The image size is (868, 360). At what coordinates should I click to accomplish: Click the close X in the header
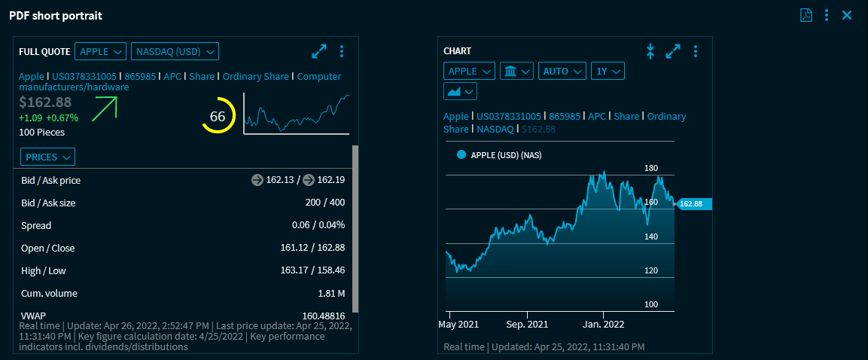[x=847, y=15]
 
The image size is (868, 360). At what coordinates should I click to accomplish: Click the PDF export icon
[x=806, y=15]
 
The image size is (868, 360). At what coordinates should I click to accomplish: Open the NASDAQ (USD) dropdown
[x=175, y=51]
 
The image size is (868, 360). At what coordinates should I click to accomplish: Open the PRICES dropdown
[x=47, y=157]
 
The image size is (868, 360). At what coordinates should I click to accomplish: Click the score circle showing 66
[x=218, y=117]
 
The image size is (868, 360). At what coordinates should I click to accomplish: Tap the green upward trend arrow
[x=105, y=108]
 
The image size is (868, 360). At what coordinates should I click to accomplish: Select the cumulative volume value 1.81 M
[x=331, y=293]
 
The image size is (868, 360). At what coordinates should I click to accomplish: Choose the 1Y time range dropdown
[x=608, y=71]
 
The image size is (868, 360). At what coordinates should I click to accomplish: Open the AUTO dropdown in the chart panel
[x=562, y=71]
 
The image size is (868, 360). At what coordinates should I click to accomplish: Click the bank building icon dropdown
[x=516, y=71]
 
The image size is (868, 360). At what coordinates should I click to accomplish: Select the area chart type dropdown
[x=460, y=91]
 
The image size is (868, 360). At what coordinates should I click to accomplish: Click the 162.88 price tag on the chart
[x=691, y=203]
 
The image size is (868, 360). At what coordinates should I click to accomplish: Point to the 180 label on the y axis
[x=651, y=168]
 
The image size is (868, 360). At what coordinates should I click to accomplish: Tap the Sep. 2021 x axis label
[x=527, y=325]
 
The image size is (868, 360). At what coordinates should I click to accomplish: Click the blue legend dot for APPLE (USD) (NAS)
[x=462, y=155]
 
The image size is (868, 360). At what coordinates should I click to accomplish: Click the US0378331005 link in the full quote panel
[x=84, y=76]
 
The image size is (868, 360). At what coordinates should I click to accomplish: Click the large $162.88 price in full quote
[x=45, y=102]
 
